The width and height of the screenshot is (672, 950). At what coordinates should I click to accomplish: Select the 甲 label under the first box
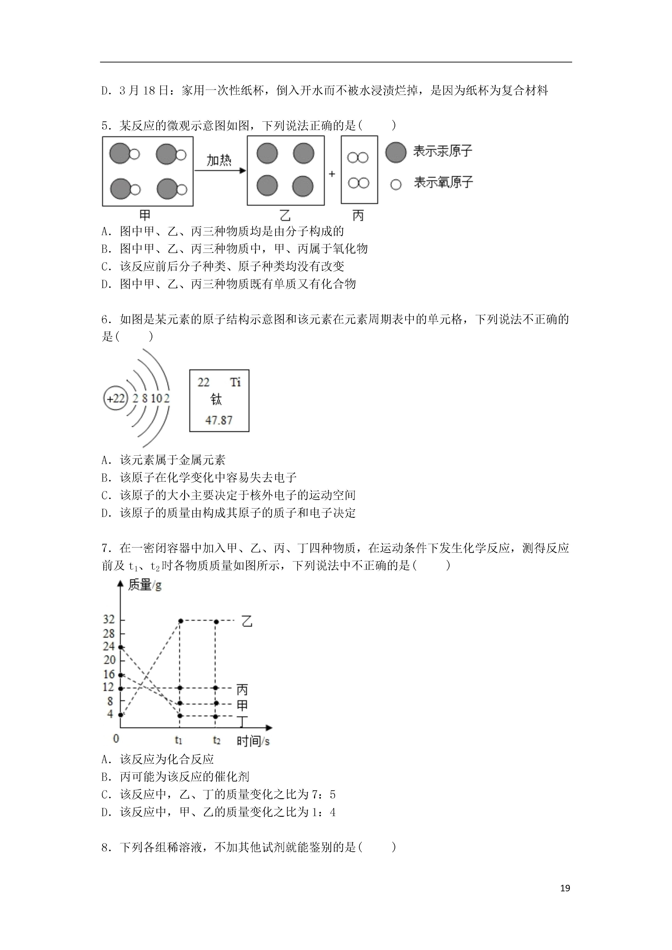pos(145,215)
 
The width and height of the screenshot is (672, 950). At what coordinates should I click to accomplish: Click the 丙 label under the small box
pos(358,215)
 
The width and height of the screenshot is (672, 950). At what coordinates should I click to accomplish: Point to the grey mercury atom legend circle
pos(395,152)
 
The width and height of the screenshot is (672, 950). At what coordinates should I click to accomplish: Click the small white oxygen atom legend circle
pos(396,185)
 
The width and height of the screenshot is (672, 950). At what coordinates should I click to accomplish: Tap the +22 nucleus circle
pos(115,399)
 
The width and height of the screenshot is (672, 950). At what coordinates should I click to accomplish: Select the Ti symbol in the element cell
pos(235,382)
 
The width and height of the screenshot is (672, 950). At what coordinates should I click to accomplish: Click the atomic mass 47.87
pos(219,420)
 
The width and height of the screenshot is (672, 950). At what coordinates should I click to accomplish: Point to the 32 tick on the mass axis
pos(109,619)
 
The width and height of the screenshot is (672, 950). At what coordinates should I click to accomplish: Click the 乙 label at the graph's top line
pos(247,622)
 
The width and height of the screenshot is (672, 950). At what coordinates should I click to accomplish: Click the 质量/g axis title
pos(144,585)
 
